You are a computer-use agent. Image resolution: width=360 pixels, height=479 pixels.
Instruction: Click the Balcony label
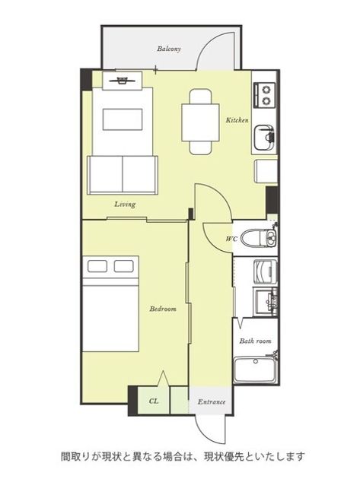(x=169, y=49)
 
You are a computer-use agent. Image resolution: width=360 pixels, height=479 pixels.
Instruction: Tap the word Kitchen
(x=237, y=120)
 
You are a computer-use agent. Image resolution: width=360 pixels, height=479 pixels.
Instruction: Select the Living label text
(x=125, y=204)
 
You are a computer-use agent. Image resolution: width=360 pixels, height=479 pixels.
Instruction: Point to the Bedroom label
(x=163, y=309)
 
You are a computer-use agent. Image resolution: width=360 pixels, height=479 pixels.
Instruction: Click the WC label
(x=231, y=239)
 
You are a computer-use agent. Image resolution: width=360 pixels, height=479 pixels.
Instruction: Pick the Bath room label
(x=255, y=341)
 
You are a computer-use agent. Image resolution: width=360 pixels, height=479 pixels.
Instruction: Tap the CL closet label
(x=154, y=401)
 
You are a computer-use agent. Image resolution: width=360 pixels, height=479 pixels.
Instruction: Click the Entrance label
(x=212, y=401)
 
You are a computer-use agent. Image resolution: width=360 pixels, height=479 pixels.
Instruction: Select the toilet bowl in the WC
(x=253, y=237)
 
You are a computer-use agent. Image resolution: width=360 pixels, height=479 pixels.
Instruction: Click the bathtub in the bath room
(x=255, y=370)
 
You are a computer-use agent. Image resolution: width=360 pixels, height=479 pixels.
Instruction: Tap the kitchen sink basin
(x=264, y=138)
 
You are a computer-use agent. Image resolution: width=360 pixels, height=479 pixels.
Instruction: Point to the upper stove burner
(x=266, y=89)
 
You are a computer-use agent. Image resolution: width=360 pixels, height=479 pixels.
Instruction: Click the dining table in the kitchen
(x=200, y=122)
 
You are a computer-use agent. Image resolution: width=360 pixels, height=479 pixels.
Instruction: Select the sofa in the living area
(x=123, y=175)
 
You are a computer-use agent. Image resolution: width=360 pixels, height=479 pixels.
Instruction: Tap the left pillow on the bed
(x=97, y=266)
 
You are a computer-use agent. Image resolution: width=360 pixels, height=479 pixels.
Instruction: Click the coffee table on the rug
(x=123, y=119)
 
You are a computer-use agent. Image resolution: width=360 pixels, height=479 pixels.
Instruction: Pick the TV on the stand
(x=122, y=81)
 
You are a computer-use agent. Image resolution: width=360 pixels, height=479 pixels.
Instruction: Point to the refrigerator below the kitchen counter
(x=266, y=172)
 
